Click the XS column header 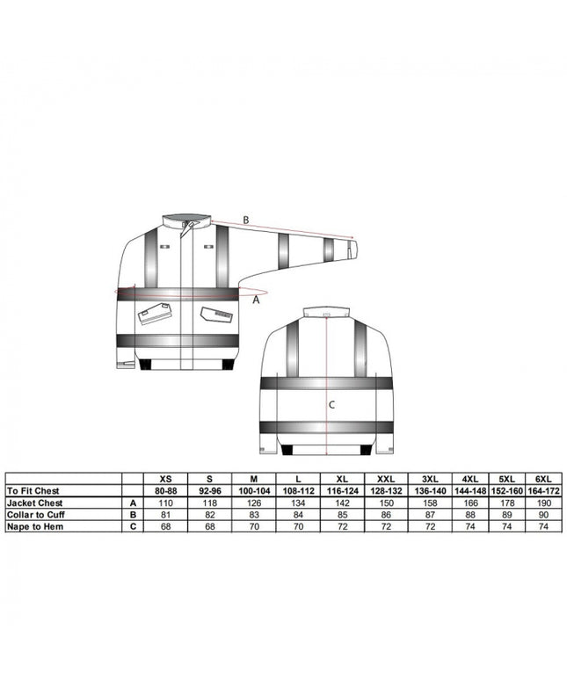(166, 479)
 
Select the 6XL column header (543, 479)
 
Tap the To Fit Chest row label (33, 491)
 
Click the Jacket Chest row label (34, 503)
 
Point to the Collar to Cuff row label (35, 515)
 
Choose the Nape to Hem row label (34, 526)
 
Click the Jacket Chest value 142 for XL (342, 503)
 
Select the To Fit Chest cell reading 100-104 (254, 491)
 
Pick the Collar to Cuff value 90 (543, 515)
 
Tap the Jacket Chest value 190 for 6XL (543, 503)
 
